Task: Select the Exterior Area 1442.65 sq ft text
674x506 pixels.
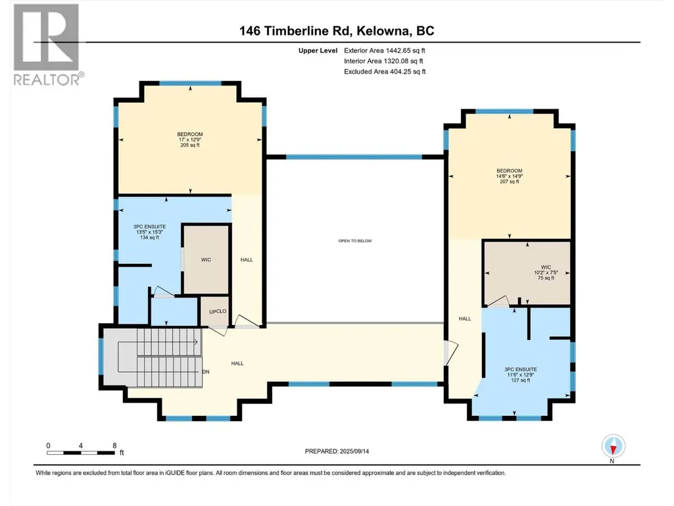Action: coord(385,51)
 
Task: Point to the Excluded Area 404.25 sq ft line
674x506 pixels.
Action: coord(385,72)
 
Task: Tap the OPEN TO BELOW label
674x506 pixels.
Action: coord(355,241)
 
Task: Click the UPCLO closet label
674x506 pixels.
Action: coord(218,311)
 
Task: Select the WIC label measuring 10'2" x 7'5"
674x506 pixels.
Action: coord(546,272)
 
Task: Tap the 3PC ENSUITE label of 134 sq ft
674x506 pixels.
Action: coord(149,232)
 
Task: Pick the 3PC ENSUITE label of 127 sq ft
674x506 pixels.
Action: coord(521,375)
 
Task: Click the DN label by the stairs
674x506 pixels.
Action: coord(206,372)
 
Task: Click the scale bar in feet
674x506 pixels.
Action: coord(81,453)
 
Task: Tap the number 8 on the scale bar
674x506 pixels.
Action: coord(114,445)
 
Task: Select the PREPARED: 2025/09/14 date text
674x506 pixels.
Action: coord(337,451)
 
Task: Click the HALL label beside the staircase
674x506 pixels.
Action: coord(237,364)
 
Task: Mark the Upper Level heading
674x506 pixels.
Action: coord(318,51)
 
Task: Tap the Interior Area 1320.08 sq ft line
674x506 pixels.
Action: coord(383,61)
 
